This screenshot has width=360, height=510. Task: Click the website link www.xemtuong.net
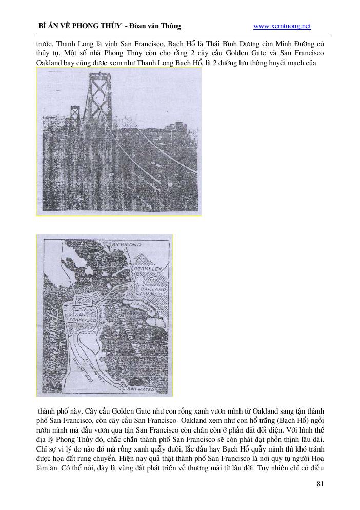(282, 26)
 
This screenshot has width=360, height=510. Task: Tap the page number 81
(321, 483)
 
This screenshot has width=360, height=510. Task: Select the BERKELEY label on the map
(148, 269)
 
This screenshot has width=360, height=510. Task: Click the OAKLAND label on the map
(154, 290)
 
